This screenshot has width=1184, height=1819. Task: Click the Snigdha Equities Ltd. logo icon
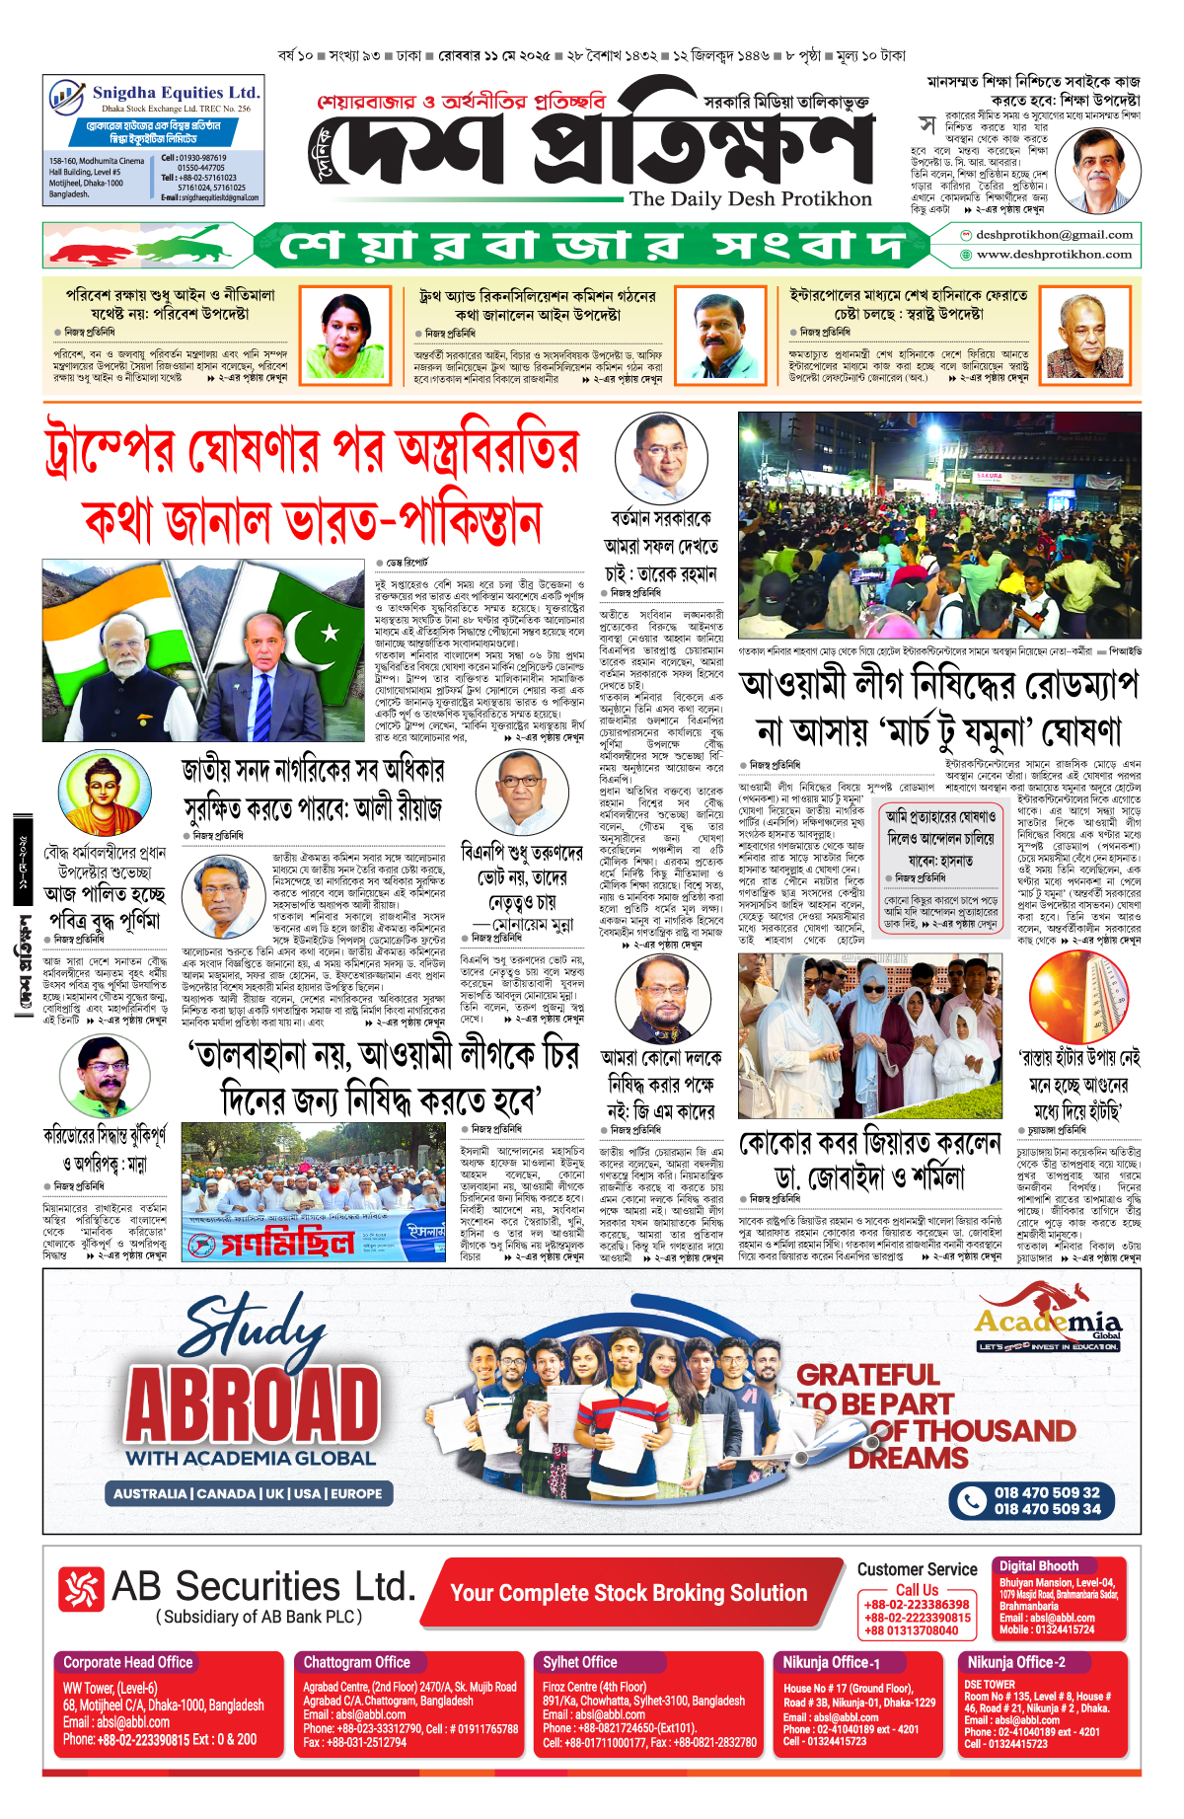pyautogui.click(x=67, y=97)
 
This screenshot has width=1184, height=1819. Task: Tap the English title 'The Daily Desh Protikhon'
pyautogui.click(x=751, y=199)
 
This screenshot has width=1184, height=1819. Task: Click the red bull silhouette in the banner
pyautogui.click(x=93, y=251)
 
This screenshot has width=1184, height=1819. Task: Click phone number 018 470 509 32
pyautogui.click(x=1047, y=1492)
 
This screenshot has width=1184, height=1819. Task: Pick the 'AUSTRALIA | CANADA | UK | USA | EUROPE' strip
pyautogui.click(x=249, y=1493)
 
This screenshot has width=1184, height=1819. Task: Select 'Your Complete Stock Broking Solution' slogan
pyautogui.click(x=629, y=1593)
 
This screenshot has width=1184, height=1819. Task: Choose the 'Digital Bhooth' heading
pyautogui.click(x=1038, y=1565)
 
